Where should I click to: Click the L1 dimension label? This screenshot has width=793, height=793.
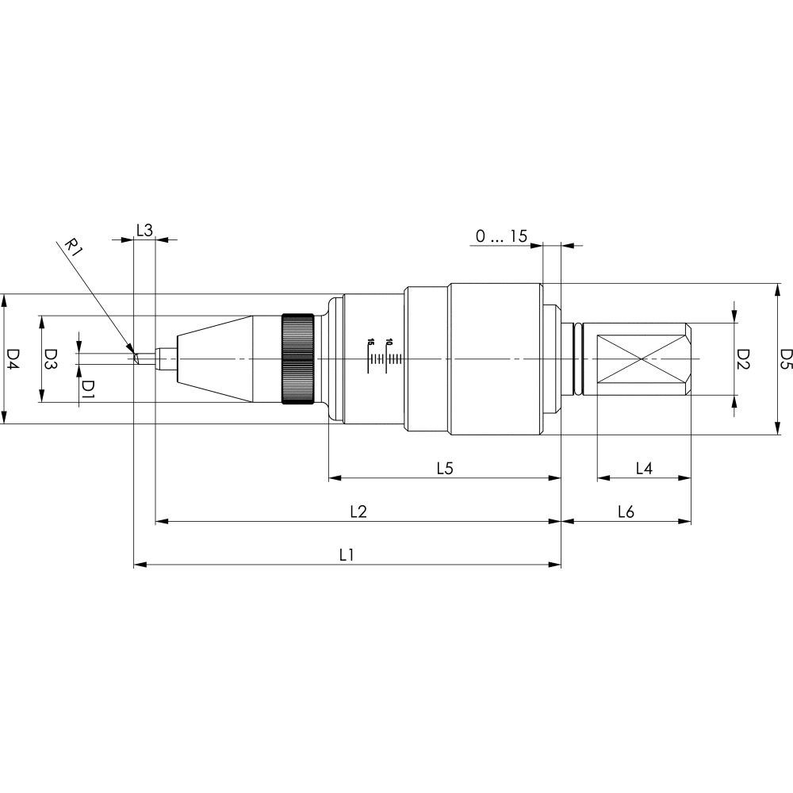click(347, 555)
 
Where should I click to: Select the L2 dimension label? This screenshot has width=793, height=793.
click(358, 511)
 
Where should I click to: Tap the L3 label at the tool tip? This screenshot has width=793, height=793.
click(144, 231)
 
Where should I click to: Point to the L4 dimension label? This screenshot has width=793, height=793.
click(644, 469)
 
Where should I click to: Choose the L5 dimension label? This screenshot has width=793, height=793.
click(445, 469)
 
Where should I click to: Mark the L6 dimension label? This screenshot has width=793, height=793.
click(626, 511)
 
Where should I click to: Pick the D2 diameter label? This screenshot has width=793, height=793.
click(742, 359)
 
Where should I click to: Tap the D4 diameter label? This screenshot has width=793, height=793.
click(13, 359)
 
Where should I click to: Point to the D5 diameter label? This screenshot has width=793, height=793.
click(787, 359)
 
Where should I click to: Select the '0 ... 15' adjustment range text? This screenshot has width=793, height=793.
click(501, 236)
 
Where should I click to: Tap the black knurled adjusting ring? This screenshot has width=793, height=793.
click(298, 359)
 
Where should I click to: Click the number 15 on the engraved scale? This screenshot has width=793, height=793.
click(370, 342)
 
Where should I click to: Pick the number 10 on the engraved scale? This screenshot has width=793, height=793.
click(389, 342)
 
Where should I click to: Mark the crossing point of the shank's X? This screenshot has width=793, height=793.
click(642, 359)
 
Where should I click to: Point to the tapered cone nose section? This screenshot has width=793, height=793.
click(214, 359)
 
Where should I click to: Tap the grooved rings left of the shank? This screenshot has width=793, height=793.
click(578, 359)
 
